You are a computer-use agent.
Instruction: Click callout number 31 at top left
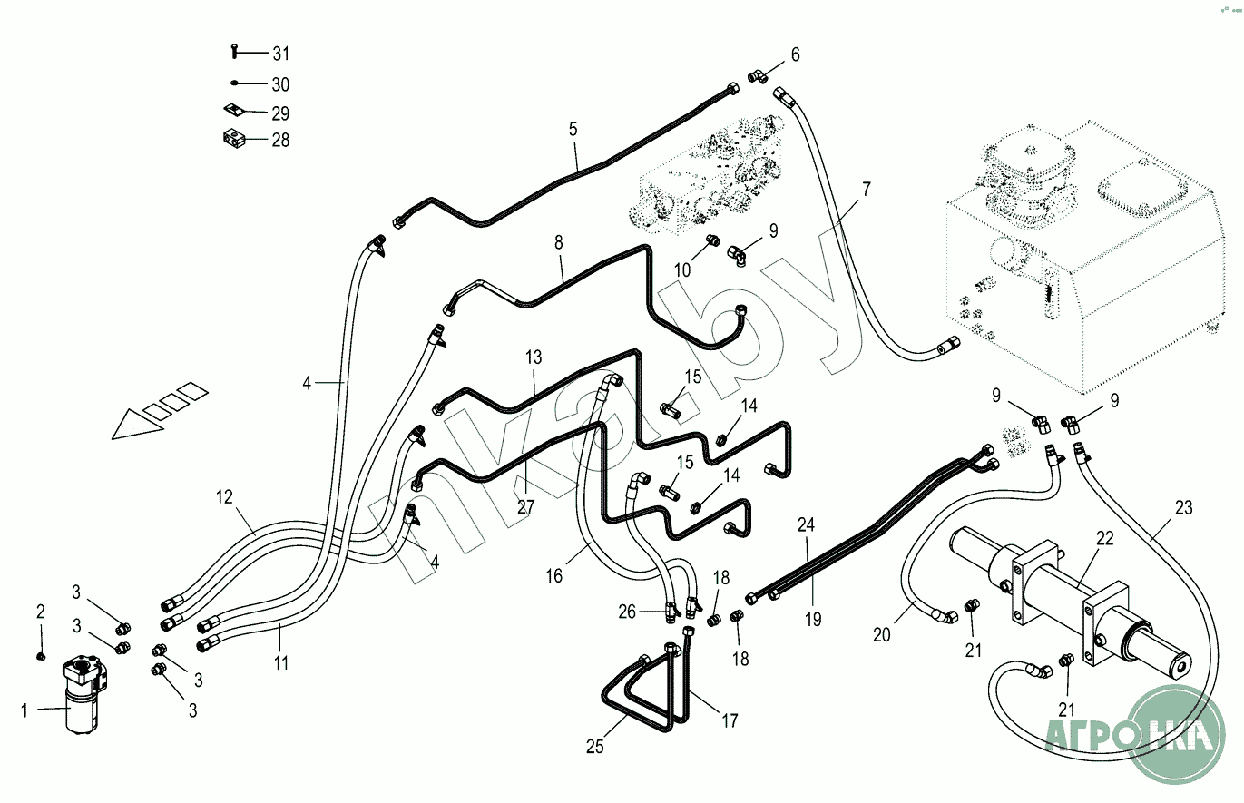[280, 54]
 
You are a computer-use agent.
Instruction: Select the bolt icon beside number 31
[234, 54]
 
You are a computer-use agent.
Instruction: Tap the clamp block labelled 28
[234, 140]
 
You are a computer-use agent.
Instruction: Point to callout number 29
[280, 114]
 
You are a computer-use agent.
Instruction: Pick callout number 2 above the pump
[40, 611]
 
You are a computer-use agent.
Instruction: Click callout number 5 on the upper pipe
[573, 129]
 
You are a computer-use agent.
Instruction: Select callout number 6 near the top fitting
[795, 54]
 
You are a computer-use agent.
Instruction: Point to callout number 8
[559, 242]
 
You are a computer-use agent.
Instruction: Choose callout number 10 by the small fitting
[682, 269]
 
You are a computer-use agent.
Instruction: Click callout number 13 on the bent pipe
[533, 357]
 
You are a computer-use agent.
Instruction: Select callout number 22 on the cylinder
[1104, 538]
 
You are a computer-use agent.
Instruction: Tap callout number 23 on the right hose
[1183, 507]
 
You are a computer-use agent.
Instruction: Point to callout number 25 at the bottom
[594, 747]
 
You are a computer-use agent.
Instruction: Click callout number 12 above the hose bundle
[224, 497]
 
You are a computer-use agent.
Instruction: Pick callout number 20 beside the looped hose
[882, 635]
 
